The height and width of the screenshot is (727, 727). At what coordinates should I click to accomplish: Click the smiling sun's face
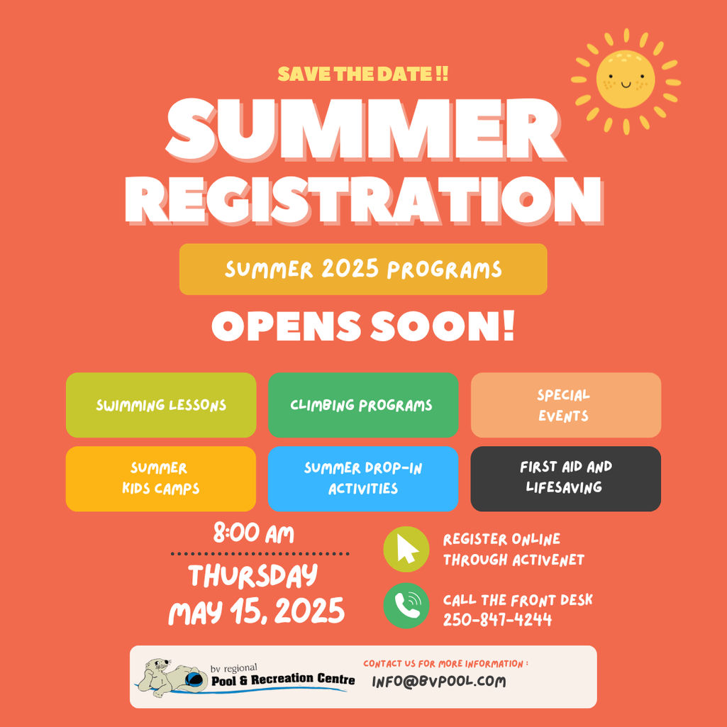626,79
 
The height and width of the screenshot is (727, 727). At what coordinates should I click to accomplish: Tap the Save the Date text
362,74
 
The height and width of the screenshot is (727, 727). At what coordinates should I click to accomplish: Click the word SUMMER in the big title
365,129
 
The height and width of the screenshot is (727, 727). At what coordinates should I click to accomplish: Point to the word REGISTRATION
364,200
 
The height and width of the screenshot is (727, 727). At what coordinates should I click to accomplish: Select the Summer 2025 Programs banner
363,270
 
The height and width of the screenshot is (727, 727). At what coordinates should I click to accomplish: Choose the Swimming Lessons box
161,405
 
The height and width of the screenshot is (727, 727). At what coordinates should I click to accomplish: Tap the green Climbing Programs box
363,405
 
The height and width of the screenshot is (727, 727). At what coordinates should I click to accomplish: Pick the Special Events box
566,405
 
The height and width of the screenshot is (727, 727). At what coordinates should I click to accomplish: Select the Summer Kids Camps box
161,479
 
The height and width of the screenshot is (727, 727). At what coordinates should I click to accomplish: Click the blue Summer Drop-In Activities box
363,479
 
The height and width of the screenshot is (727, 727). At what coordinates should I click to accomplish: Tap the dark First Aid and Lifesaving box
566,479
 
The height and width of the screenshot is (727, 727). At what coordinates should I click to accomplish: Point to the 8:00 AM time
254,533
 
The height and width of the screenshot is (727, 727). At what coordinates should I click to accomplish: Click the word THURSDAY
253,576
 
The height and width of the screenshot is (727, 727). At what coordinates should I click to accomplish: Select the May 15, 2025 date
256,611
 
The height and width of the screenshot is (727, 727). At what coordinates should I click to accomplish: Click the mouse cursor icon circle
406,549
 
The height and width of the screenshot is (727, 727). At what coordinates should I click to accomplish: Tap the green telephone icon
406,606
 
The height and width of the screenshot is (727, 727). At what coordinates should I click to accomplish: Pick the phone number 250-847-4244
497,620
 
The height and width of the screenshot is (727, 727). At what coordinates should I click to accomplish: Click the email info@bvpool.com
438,682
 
